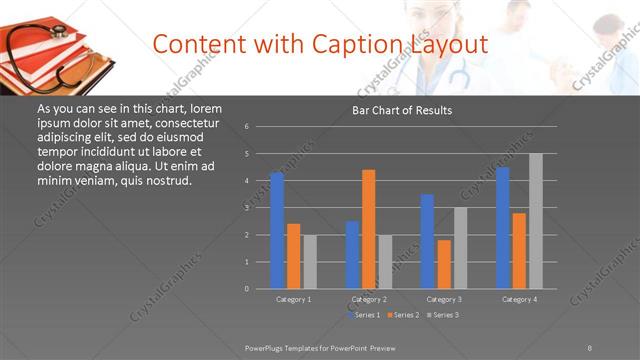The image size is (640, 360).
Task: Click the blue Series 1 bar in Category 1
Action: [x=277, y=230]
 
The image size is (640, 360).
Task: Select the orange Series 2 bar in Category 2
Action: [x=369, y=229]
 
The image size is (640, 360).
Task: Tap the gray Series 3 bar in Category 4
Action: [x=536, y=221]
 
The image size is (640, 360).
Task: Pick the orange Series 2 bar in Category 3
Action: [x=444, y=264]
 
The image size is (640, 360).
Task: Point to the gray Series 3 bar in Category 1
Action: [x=310, y=262]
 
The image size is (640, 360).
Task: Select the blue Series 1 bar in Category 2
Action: [x=352, y=255]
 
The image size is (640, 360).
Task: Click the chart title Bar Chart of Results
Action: [x=402, y=110]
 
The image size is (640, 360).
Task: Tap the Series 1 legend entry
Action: [x=364, y=315]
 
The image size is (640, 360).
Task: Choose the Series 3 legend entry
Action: [x=444, y=315]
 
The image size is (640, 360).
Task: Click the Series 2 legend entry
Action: [x=404, y=315]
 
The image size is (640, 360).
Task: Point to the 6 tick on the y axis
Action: [x=246, y=127]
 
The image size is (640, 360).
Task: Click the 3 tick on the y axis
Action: [x=246, y=208]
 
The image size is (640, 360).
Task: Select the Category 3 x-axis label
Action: [x=444, y=299]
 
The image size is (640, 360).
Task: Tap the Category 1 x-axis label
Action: [x=293, y=299]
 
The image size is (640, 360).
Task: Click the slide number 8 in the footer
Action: [x=590, y=346]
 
